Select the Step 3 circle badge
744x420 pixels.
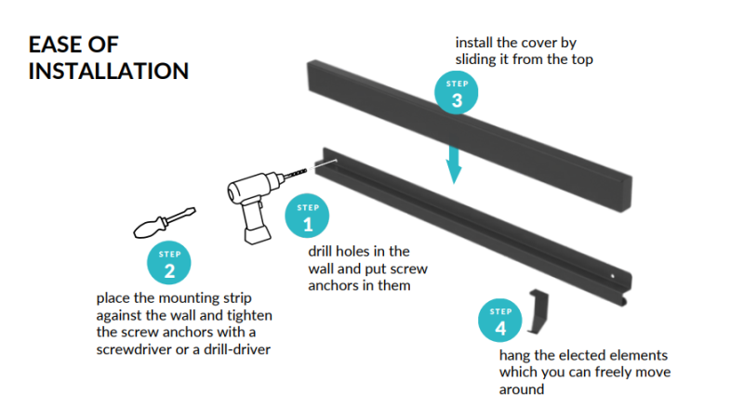(x=457, y=95)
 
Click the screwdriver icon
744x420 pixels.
(x=164, y=222)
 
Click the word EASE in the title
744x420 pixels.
(x=58, y=46)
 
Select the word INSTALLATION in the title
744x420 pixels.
(x=108, y=71)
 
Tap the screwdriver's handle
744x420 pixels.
(x=150, y=228)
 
